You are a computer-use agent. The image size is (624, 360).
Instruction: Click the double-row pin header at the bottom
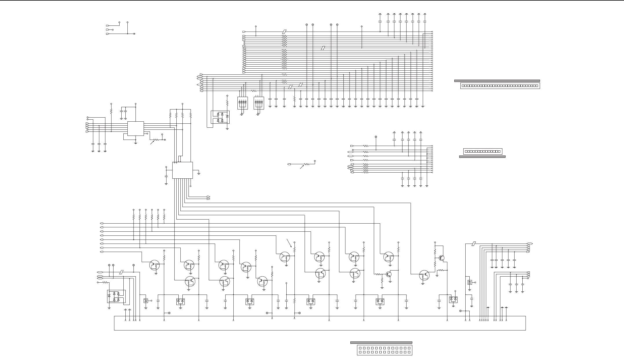pyautogui.click(x=384, y=350)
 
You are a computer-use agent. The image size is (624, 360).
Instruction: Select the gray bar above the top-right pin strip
pyautogui.click(x=497, y=81)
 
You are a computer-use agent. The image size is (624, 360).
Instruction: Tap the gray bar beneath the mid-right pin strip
pyautogui.click(x=482, y=157)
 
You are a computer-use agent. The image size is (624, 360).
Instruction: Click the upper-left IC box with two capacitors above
pyautogui.click(x=136, y=128)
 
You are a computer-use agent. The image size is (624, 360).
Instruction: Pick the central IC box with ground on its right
pyautogui.click(x=182, y=170)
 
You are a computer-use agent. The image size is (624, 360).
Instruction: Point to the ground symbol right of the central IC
pyautogui.click(x=199, y=173)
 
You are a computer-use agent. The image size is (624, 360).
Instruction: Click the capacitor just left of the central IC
pyautogui.click(x=166, y=176)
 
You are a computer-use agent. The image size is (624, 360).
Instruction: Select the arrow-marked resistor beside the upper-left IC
pyautogui.click(x=156, y=140)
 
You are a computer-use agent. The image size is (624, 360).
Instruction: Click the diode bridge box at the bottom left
pyautogui.click(x=116, y=297)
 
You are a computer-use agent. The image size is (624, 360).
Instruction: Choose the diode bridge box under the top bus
pyautogui.click(x=220, y=117)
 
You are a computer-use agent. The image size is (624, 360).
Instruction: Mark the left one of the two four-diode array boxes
pyautogui.click(x=242, y=103)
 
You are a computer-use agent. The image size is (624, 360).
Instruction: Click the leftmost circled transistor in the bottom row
pyautogui.click(x=155, y=265)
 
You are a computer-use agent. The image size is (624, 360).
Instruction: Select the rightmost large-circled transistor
pyautogui.click(x=424, y=275)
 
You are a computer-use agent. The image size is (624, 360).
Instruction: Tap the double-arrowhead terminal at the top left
pyautogui.click(x=134, y=34)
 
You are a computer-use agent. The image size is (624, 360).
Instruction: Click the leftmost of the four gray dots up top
pyautogui.click(x=307, y=25)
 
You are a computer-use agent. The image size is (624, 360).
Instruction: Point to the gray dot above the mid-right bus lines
pyautogui.click(x=376, y=137)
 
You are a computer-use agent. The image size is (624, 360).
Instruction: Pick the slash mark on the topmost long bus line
pyautogui.click(x=284, y=32)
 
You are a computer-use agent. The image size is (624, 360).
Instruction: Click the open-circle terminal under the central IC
pyautogui.click(x=191, y=186)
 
